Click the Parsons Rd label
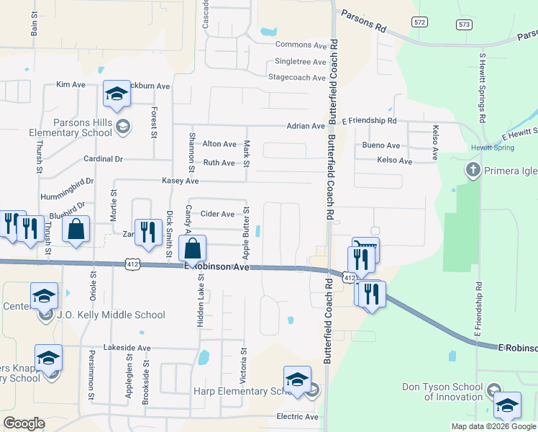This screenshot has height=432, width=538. point(364,21)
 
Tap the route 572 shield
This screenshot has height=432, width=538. point(419,23)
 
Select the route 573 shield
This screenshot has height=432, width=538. point(464,24)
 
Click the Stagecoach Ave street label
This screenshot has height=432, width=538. point(296,77)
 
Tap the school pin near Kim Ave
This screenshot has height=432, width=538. point(117,94)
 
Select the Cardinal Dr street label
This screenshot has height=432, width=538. point(104,159)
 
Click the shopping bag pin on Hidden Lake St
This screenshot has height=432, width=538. point(193,250)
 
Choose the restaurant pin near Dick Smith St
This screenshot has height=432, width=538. point(148,231)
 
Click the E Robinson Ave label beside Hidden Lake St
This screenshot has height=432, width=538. point(216,267)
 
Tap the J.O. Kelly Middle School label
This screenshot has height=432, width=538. point(112,315)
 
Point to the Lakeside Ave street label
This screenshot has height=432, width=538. point(127,348)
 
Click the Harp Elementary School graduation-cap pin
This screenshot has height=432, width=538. point(297,380)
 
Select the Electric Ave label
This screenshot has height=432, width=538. point(297,417)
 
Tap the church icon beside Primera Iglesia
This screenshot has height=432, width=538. point(473,171)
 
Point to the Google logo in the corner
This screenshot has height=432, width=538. point(24,423)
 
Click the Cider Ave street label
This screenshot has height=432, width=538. point(217,214)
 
